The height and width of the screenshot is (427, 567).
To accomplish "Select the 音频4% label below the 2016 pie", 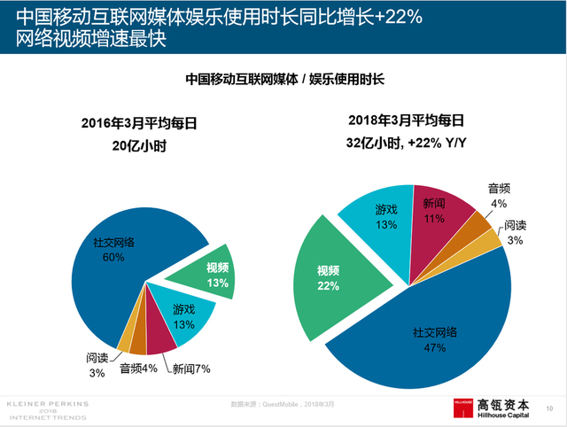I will click(x=138, y=369).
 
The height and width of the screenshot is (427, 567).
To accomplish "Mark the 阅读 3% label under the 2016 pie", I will click(x=97, y=365).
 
